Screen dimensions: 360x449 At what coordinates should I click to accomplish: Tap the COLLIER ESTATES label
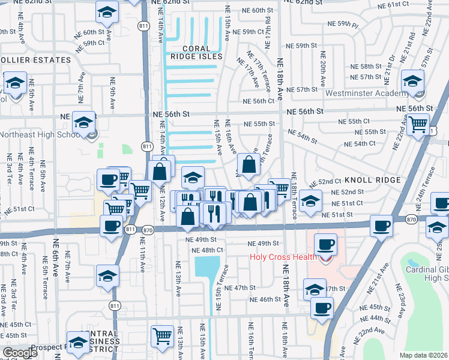tap(35, 61)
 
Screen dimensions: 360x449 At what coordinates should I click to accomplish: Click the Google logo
tap(20, 353)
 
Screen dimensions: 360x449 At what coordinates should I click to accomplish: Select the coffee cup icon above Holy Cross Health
tap(325, 245)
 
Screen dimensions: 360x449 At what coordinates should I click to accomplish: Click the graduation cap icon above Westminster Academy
tap(413, 81)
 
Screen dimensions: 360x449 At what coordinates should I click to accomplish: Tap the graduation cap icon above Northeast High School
tap(83, 123)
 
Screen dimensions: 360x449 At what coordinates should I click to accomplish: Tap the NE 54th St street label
tap(302, 136)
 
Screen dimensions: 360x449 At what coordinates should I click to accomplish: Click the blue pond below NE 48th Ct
tap(206, 268)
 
